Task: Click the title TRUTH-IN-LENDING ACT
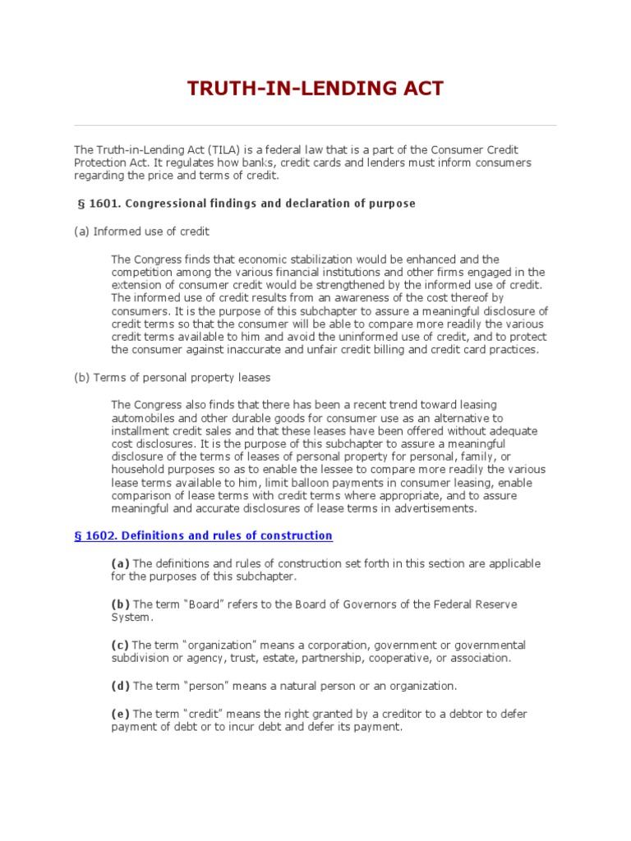[x=315, y=90]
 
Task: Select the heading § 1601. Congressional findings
[x=245, y=203]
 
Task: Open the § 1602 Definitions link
[x=203, y=535]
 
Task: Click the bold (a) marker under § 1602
[x=121, y=563]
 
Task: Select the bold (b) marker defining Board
[x=121, y=604]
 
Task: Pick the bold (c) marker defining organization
[x=121, y=646]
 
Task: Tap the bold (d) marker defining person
[x=121, y=686]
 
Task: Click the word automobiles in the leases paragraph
[x=141, y=417]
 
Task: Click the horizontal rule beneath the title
[x=315, y=125]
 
